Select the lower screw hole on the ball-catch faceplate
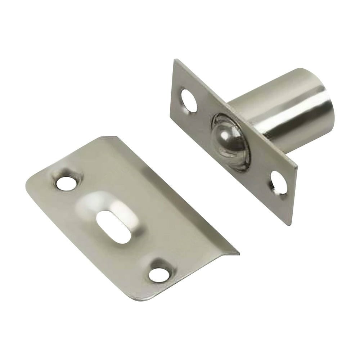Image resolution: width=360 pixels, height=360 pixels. (x=279, y=183)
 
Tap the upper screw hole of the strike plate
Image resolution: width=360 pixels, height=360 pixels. (x=66, y=183)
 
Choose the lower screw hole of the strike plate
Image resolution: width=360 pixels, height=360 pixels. (x=159, y=275)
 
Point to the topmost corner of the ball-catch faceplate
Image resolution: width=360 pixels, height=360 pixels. (x=175, y=60)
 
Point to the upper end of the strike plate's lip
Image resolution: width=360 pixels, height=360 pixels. (x=108, y=137)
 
